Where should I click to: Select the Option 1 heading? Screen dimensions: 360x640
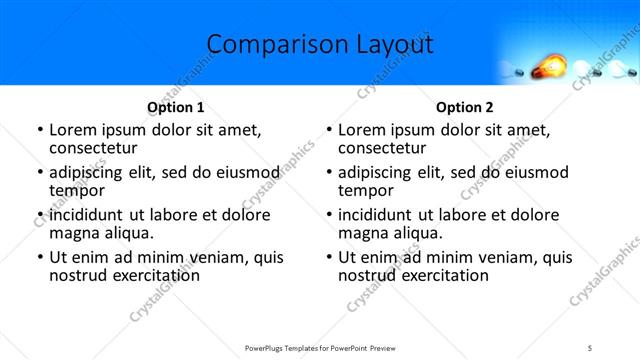pyautogui.click(x=176, y=107)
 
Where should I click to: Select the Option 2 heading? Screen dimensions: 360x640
pyautogui.click(x=464, y=107)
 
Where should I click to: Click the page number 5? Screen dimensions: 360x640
pyautogui.click(x=591, y=347)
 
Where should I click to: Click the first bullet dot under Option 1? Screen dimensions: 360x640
pyautogui.click(x=39, y=130)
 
